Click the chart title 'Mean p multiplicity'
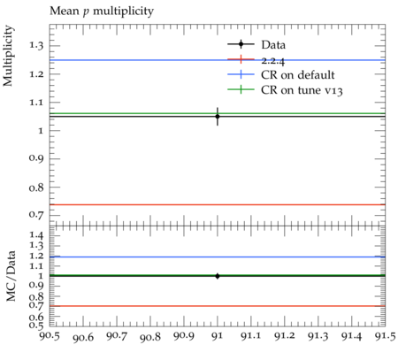[102, 11]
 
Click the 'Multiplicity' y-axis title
[8, 56]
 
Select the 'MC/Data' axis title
[11, 276]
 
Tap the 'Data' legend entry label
[273, 45]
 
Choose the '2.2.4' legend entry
[273, 61]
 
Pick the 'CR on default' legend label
[298, 75]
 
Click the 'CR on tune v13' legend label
[302, 90]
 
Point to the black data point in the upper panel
[218, 117]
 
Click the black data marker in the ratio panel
[218, 276]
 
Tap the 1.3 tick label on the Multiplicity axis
[36, 45]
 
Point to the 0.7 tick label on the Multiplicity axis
[36, 214]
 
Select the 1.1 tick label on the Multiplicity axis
[36, 103]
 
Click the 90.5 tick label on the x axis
[50, 336]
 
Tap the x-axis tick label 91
[218, 336]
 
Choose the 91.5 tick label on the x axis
[386, 336]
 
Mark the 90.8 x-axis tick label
[150, 337]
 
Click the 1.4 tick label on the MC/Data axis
[36, 235]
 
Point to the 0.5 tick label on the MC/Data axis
[36, 326]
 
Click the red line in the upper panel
[218, 204]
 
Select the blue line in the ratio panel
[218, 257]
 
